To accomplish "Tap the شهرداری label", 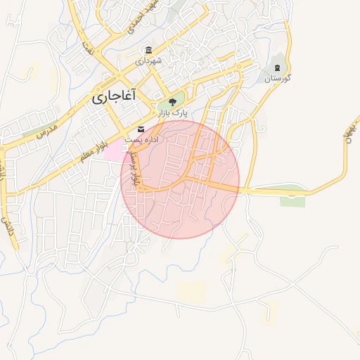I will point(149,60).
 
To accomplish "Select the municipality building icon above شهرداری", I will point(148,51).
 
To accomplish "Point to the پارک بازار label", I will point(172,113).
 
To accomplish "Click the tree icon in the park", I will point(172,103).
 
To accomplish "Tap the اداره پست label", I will point(142,139).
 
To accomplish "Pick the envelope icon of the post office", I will point(142,129).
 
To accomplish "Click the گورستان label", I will point(278,78).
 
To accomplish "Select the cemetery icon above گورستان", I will point(278,68).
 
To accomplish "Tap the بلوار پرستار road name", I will point(138,171).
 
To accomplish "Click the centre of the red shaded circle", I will point(180,179).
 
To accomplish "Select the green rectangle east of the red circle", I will point(292,200).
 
